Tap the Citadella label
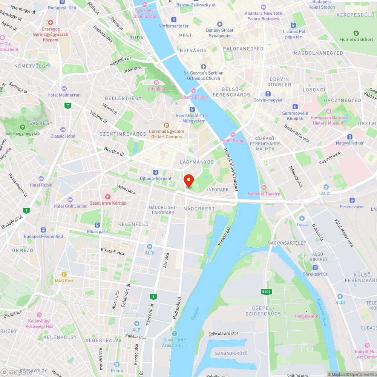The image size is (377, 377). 156,89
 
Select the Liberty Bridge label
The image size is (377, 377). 194,97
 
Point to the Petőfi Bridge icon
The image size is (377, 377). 233,135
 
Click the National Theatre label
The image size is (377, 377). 264,194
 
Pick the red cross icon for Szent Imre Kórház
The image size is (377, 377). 107,197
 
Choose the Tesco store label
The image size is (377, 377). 302,225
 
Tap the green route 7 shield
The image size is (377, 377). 67,106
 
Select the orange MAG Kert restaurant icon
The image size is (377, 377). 64,274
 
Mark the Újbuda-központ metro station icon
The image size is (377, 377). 156,172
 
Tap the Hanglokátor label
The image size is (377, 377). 306,316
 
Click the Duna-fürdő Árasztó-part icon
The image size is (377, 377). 174,333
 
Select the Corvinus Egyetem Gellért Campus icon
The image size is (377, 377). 166,125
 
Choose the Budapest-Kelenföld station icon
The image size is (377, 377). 43,230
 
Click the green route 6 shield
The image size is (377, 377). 153,297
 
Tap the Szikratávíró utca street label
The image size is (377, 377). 224,333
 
